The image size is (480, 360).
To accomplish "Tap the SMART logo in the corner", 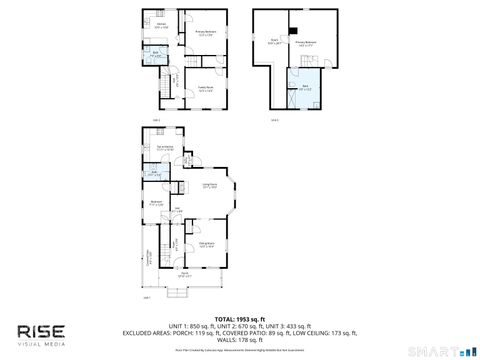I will coord(444,351).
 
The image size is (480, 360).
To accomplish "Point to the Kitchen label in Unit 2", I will coord(161,25).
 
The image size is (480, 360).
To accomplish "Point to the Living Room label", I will coord(211,185).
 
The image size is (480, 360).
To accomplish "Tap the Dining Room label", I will coord(206,243).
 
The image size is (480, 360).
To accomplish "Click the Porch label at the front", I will coord(185,275).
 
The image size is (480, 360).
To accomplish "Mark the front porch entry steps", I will coord(181,292).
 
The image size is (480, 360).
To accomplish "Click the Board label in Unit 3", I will coord(273,42).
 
